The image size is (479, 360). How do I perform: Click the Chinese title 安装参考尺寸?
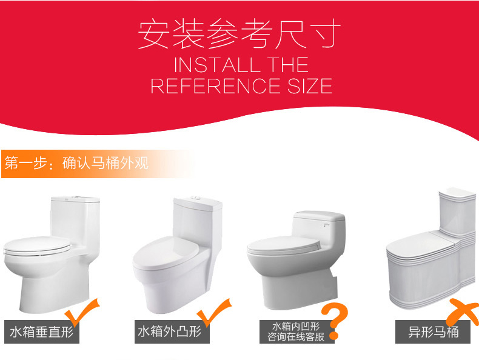(x=239, y=33)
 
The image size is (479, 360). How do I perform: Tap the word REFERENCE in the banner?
(x=216, y=86)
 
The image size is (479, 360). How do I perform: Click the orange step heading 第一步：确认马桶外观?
(x=76, y=163)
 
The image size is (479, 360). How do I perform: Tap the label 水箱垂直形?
(x=42, y=332)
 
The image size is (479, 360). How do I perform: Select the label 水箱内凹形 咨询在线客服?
(x=296, y=332)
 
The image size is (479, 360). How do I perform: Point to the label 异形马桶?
(x=434, y=332)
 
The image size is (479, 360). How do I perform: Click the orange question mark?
(x=335, y=321)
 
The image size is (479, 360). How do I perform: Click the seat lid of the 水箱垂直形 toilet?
(x=36, y=245)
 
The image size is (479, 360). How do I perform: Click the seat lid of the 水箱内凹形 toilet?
(x=284, y=245)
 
